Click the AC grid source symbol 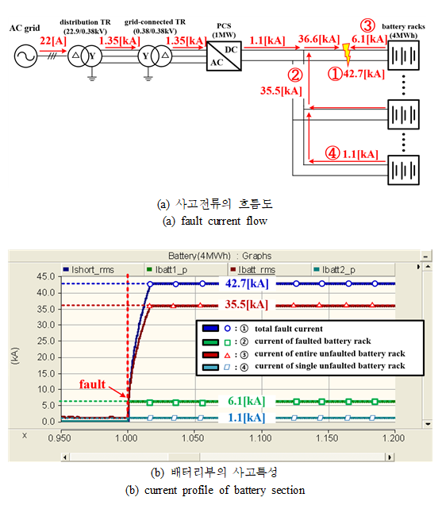coord(25,56)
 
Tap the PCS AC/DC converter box coord(224,56)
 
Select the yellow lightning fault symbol coord(347,54)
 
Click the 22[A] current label coord(53,41)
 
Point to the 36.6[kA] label coord(319,39)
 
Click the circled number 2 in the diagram coord(295,75)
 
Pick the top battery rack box coord(403,55)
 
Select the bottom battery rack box coord(403,170)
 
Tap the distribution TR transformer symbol coord(85,56)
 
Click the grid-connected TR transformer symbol coord(155,56)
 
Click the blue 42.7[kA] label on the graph coord(247,283)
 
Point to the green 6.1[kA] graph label coord(247,401)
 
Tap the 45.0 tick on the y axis coord(46,276)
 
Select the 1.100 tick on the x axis coord(260,438)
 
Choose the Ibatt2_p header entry coord(335,269)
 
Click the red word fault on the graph coord(92,384)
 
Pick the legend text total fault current coord(288,329)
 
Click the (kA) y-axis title coord(15,356)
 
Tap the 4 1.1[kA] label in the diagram coord(352,153)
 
